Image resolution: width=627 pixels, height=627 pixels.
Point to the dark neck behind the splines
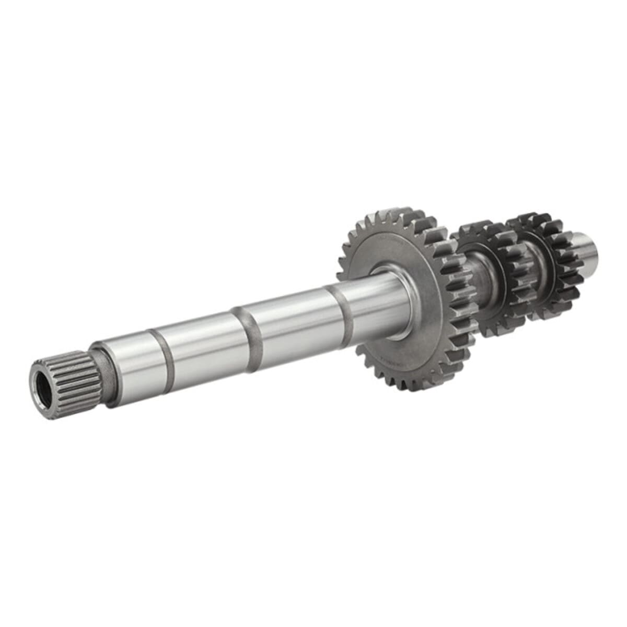click(107, 375)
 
